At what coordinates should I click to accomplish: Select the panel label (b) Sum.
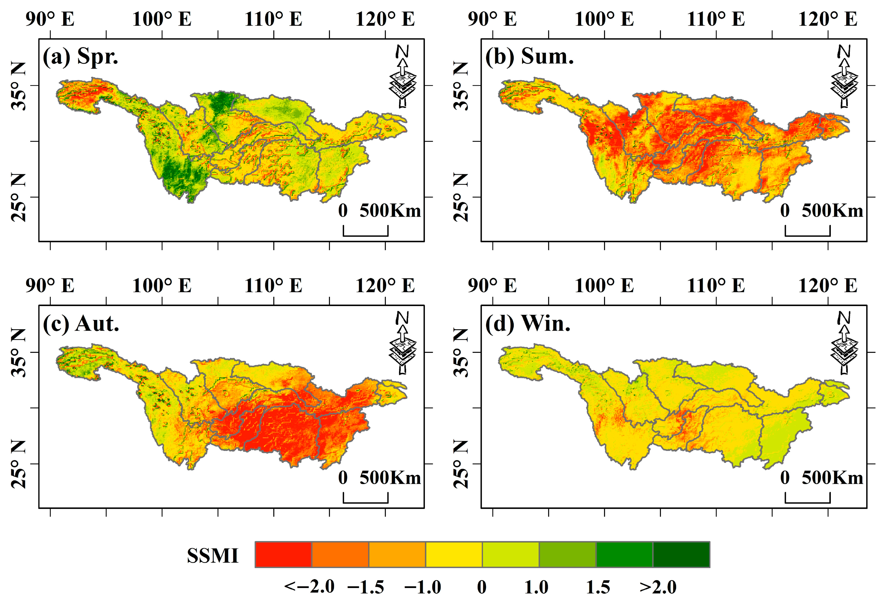pos(529,57)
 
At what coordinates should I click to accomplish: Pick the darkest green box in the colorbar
pos(681,555)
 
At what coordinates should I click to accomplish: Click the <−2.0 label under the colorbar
pos(309,587)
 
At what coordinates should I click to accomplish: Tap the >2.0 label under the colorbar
pos(658,587)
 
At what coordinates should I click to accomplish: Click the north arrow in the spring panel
pos(403,76)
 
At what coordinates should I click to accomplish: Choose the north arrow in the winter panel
pos(844,343)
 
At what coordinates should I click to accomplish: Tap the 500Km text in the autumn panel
pos(390,478)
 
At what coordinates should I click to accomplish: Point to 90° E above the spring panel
pos(50,19)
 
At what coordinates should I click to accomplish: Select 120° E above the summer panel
pos(828,19)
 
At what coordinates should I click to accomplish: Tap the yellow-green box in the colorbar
pos(511,555)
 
